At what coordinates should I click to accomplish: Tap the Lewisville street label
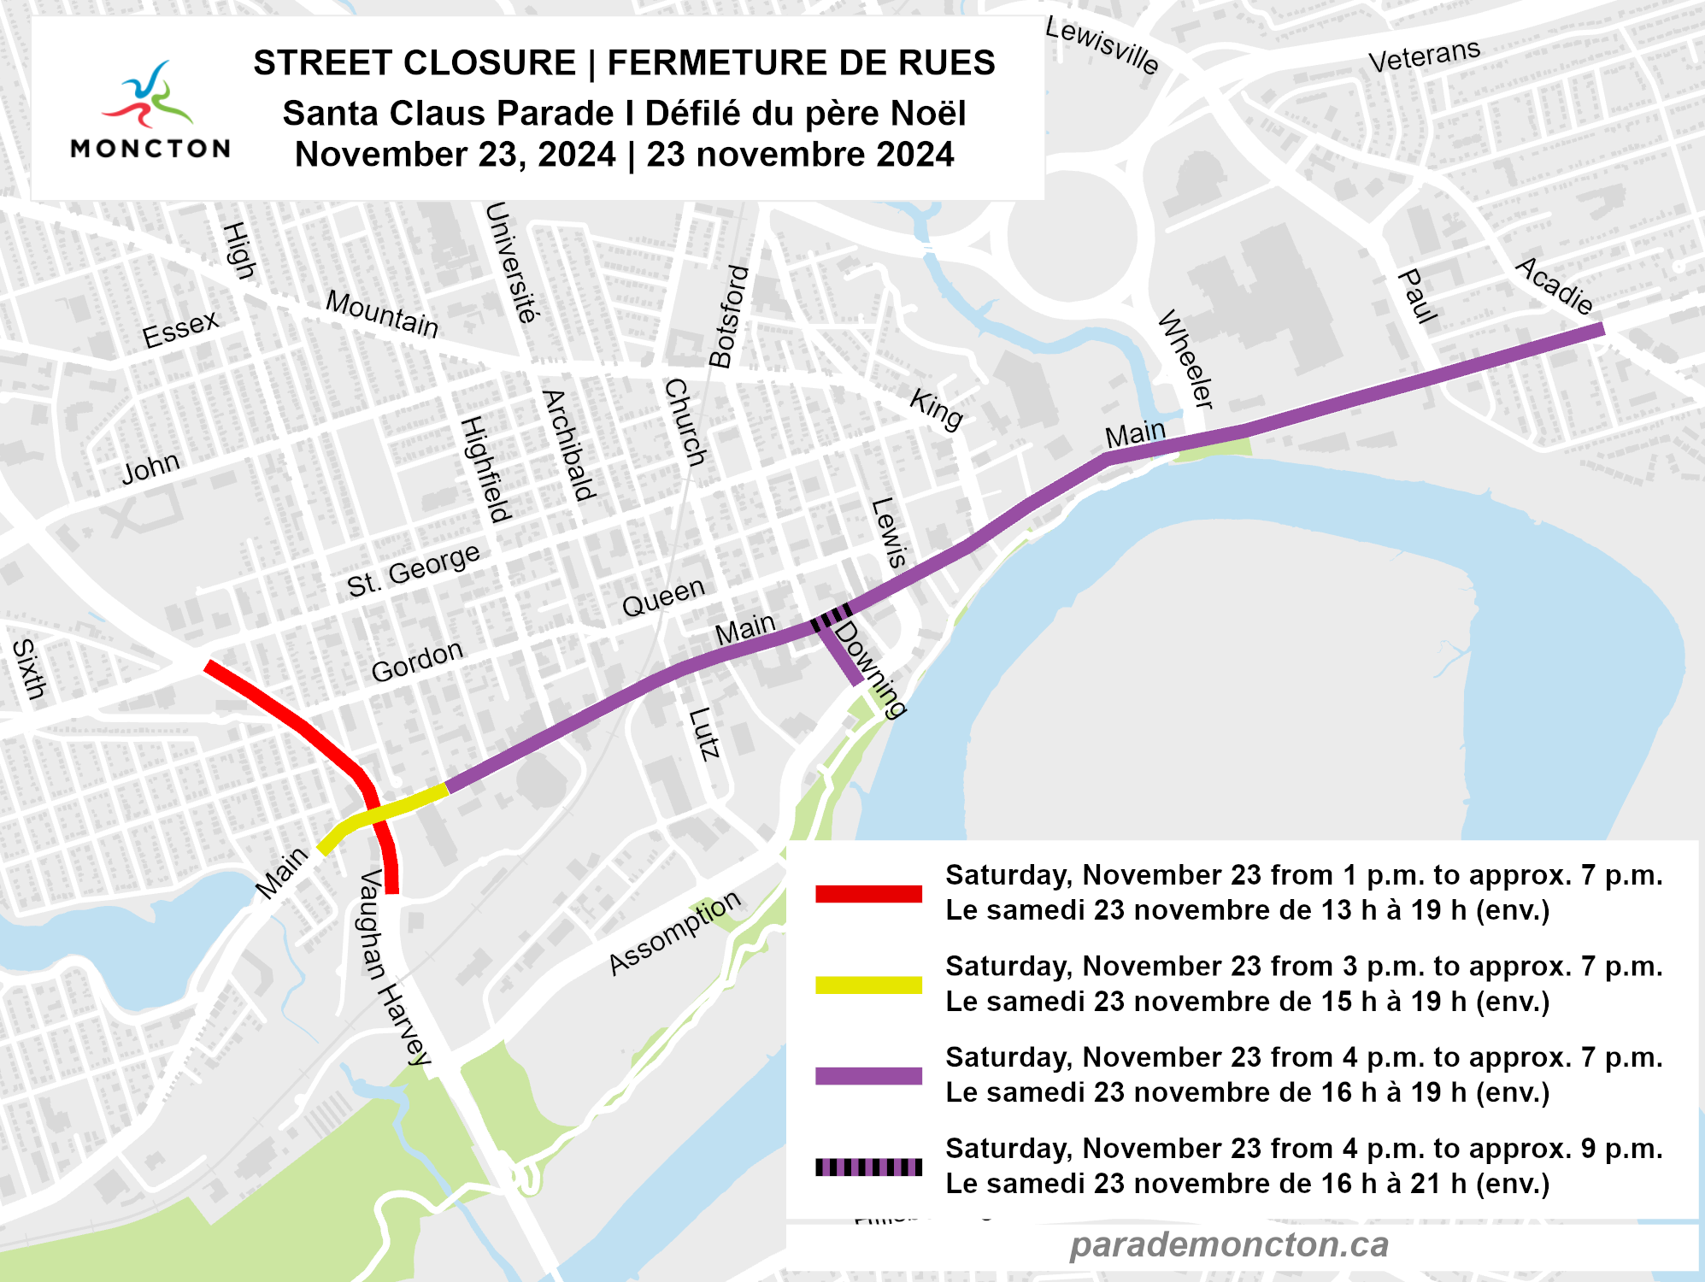(1102, 47)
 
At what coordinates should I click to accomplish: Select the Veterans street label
(1424, 56)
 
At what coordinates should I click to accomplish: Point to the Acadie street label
(1555, 286)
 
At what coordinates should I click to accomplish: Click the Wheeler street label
(1186, 359)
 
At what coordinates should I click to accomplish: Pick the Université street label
(512, 262)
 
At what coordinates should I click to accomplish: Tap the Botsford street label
(729, 316)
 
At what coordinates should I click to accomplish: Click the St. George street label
(413, 570)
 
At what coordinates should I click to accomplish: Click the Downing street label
(869, 669)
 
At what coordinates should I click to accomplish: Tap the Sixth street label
(28, 668)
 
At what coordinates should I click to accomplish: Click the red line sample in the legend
(868, 894)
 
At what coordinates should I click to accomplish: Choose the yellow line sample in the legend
(868, 985)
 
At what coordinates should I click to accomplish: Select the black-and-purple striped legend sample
(868, 1167)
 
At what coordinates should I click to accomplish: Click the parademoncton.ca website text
(1228, 1244)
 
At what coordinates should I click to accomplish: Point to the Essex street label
(180, 329)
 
